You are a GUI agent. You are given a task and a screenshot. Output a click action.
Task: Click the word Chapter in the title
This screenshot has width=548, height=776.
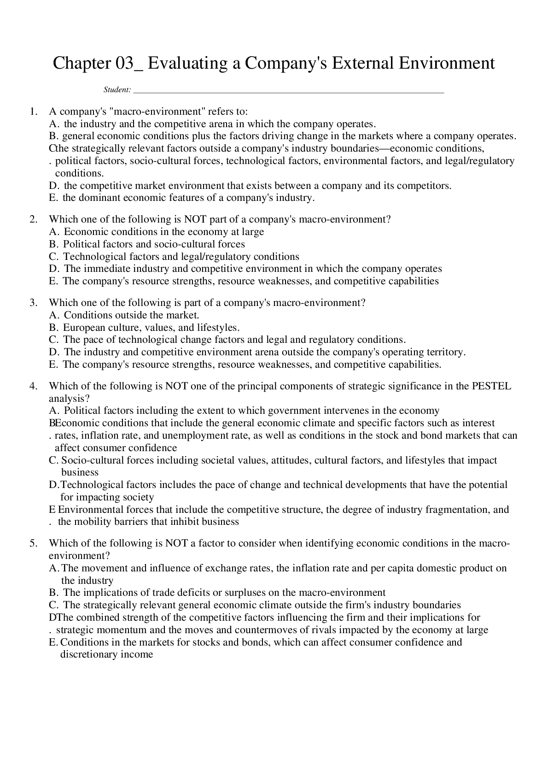coord(80,63)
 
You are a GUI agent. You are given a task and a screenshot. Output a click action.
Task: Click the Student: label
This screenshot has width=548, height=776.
coord(117,90)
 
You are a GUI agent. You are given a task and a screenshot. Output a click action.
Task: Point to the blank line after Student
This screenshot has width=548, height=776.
coord(288,91)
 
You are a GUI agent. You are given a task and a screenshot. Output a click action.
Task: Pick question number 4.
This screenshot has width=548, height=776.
coord(33,386)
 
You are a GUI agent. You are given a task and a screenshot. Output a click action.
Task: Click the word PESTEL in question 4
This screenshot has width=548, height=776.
coord(491,386)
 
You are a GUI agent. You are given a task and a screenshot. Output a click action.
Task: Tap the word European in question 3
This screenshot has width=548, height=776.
coord(84,328)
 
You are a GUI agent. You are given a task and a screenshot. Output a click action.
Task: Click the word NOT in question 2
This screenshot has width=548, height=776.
coord(195,219)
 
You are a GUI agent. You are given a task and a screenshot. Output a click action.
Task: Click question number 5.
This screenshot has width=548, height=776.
coord(33,543)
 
